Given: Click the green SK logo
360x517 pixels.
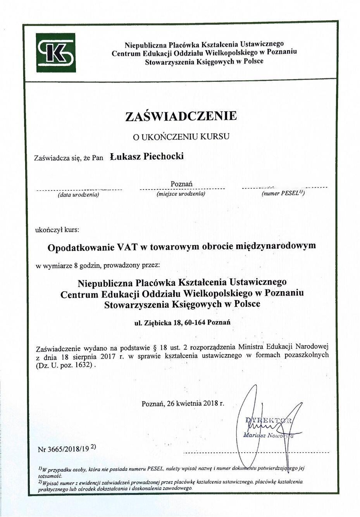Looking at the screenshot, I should tap(56, 53).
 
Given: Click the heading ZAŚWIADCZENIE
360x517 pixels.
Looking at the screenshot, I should tap(181, 116).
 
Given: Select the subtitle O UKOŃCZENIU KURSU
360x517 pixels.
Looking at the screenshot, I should tap(181, 137).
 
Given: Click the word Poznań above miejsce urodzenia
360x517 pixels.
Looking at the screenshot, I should tap(181, 184).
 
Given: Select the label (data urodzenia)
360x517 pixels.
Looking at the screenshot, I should tap(78, 195).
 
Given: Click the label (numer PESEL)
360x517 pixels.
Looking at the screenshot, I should tap(283, 193).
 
